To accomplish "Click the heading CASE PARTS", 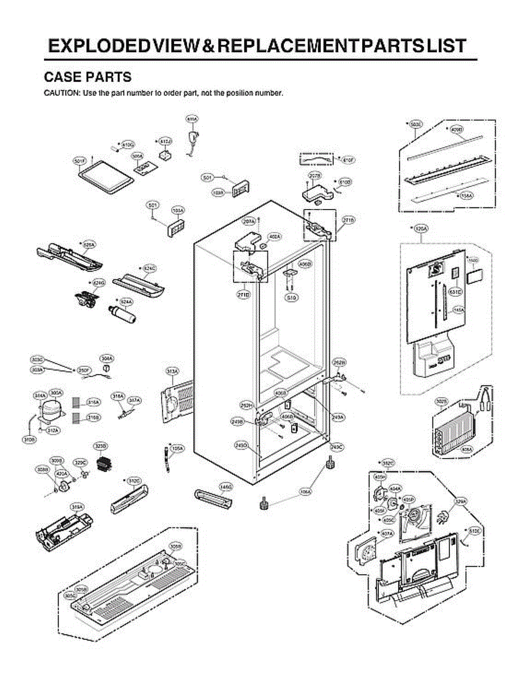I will (x=87, y=77).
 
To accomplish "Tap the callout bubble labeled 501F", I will (x=79, y=161).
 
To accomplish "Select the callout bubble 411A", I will (x=192, y=119).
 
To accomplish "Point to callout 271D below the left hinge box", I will (x=243, y=295).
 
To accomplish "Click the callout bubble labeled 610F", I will (x=348, y=160).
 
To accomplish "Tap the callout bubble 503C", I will (x=416, y=123).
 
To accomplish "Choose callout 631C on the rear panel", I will (x=455, y=292).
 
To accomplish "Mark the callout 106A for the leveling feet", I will (x=305, y=492).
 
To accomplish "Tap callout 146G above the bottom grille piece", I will (x=226, y=486).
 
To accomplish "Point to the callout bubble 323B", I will (x=100, y=447).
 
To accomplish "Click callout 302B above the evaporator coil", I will (x=441, y=401).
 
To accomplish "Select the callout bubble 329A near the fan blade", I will (x=461, y=500).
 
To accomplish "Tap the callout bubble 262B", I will (x=339, y=362).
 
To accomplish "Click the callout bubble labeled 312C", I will (x=133, y=481).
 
